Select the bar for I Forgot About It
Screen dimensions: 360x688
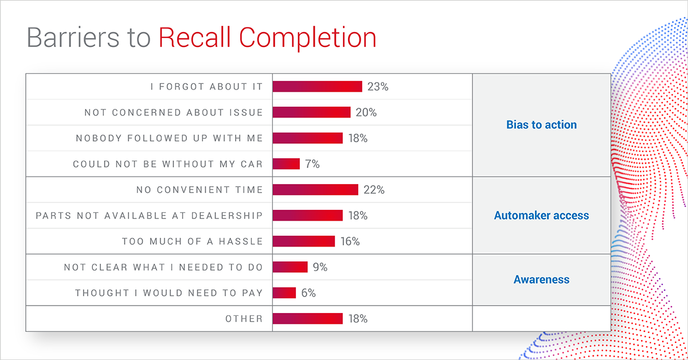click(317, 87)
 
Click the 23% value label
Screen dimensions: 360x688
click(378, 87)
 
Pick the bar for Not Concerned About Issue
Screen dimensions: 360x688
click(311, 112)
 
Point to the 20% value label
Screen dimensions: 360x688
click(366, 112)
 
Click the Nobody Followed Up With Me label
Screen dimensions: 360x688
click(169, 138)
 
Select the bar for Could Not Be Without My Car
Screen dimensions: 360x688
click(286, 164)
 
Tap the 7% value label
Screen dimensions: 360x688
click(312, 164)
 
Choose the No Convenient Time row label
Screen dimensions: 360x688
click(200, 190)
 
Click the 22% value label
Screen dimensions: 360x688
click(374, 190)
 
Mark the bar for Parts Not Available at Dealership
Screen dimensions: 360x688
click(307, 216)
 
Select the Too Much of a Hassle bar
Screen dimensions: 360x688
click(303, 241)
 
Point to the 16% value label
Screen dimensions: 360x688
click(350, 241)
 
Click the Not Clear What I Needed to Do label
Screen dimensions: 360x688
click(163, 267)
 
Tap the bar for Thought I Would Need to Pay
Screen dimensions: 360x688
click(284, 293)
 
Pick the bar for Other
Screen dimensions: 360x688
click(307, 319)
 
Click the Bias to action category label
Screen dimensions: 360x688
click(541, 125)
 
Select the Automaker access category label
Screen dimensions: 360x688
click(541, 216)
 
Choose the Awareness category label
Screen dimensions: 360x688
click(541, 280)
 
